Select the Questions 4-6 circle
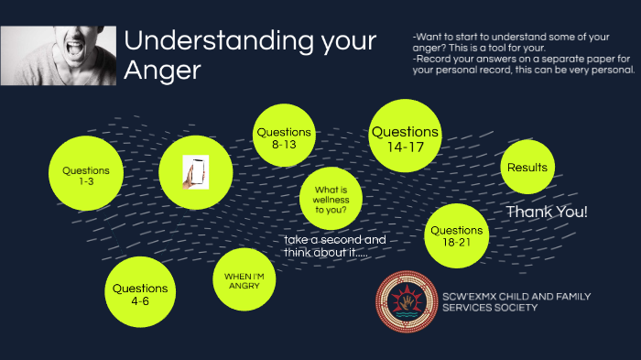click(140, 293)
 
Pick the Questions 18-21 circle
click(456, 235)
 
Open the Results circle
click(527, 168)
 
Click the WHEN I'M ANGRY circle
click(244, 278)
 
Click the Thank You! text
click(547, 213)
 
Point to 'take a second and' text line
click(334, 239)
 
